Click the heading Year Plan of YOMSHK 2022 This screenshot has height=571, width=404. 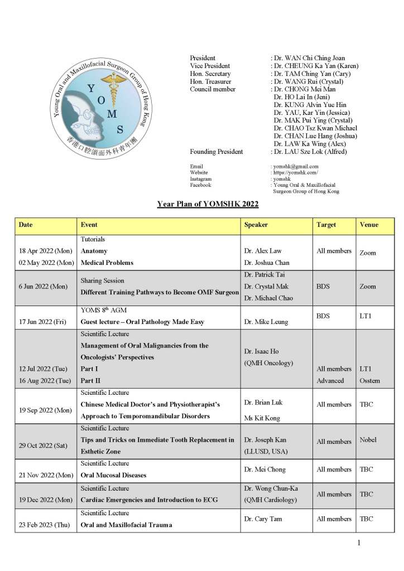pyautogui.click(x=208, y=204)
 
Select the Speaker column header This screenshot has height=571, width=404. pyautogui.click(x=256, y=225)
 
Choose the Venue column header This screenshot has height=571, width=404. pyautogui.click(x=369, y=225)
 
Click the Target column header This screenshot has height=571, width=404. pyautogui.click(x=326, y=225)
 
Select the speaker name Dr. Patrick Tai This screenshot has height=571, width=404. pyautogui.click(x=267, y=274)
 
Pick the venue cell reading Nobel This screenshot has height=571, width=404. pyautogui.click(x=368, y=440)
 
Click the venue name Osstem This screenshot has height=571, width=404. pyautogui.click(x=371, y=381)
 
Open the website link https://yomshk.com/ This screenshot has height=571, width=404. pyautogui.click(x=296, y=173)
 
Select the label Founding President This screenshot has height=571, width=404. pyautogui.click(x=217, y=152)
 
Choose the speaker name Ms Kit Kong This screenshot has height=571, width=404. pyautogui.click(x=263, y=418)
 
